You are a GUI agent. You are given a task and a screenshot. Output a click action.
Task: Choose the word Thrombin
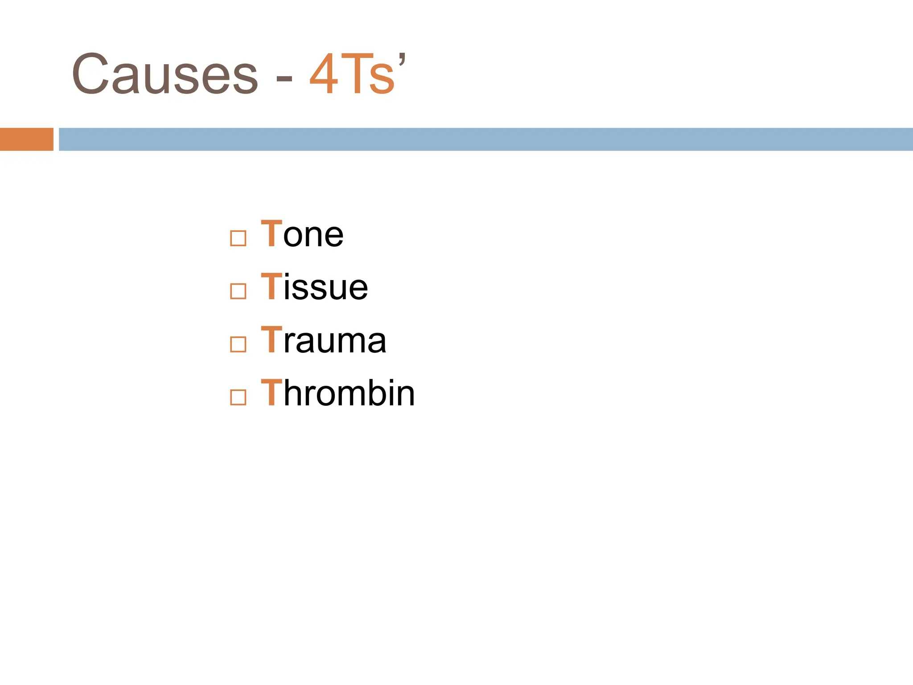tap(338, 393)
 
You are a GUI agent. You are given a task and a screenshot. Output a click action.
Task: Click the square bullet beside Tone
tap(238, 238)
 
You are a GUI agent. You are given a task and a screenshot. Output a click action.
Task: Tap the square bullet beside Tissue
tap(238, 291)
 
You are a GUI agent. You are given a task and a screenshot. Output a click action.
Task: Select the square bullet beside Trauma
tap(238, 344)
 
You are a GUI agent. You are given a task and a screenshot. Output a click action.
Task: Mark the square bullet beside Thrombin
tap(238, 397)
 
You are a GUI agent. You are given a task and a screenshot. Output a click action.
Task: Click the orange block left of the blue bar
tap(27, 139)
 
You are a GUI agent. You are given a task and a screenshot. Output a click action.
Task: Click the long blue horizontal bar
tap(486, 139)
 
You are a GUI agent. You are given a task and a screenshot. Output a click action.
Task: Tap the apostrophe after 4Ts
tap(402, 58)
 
